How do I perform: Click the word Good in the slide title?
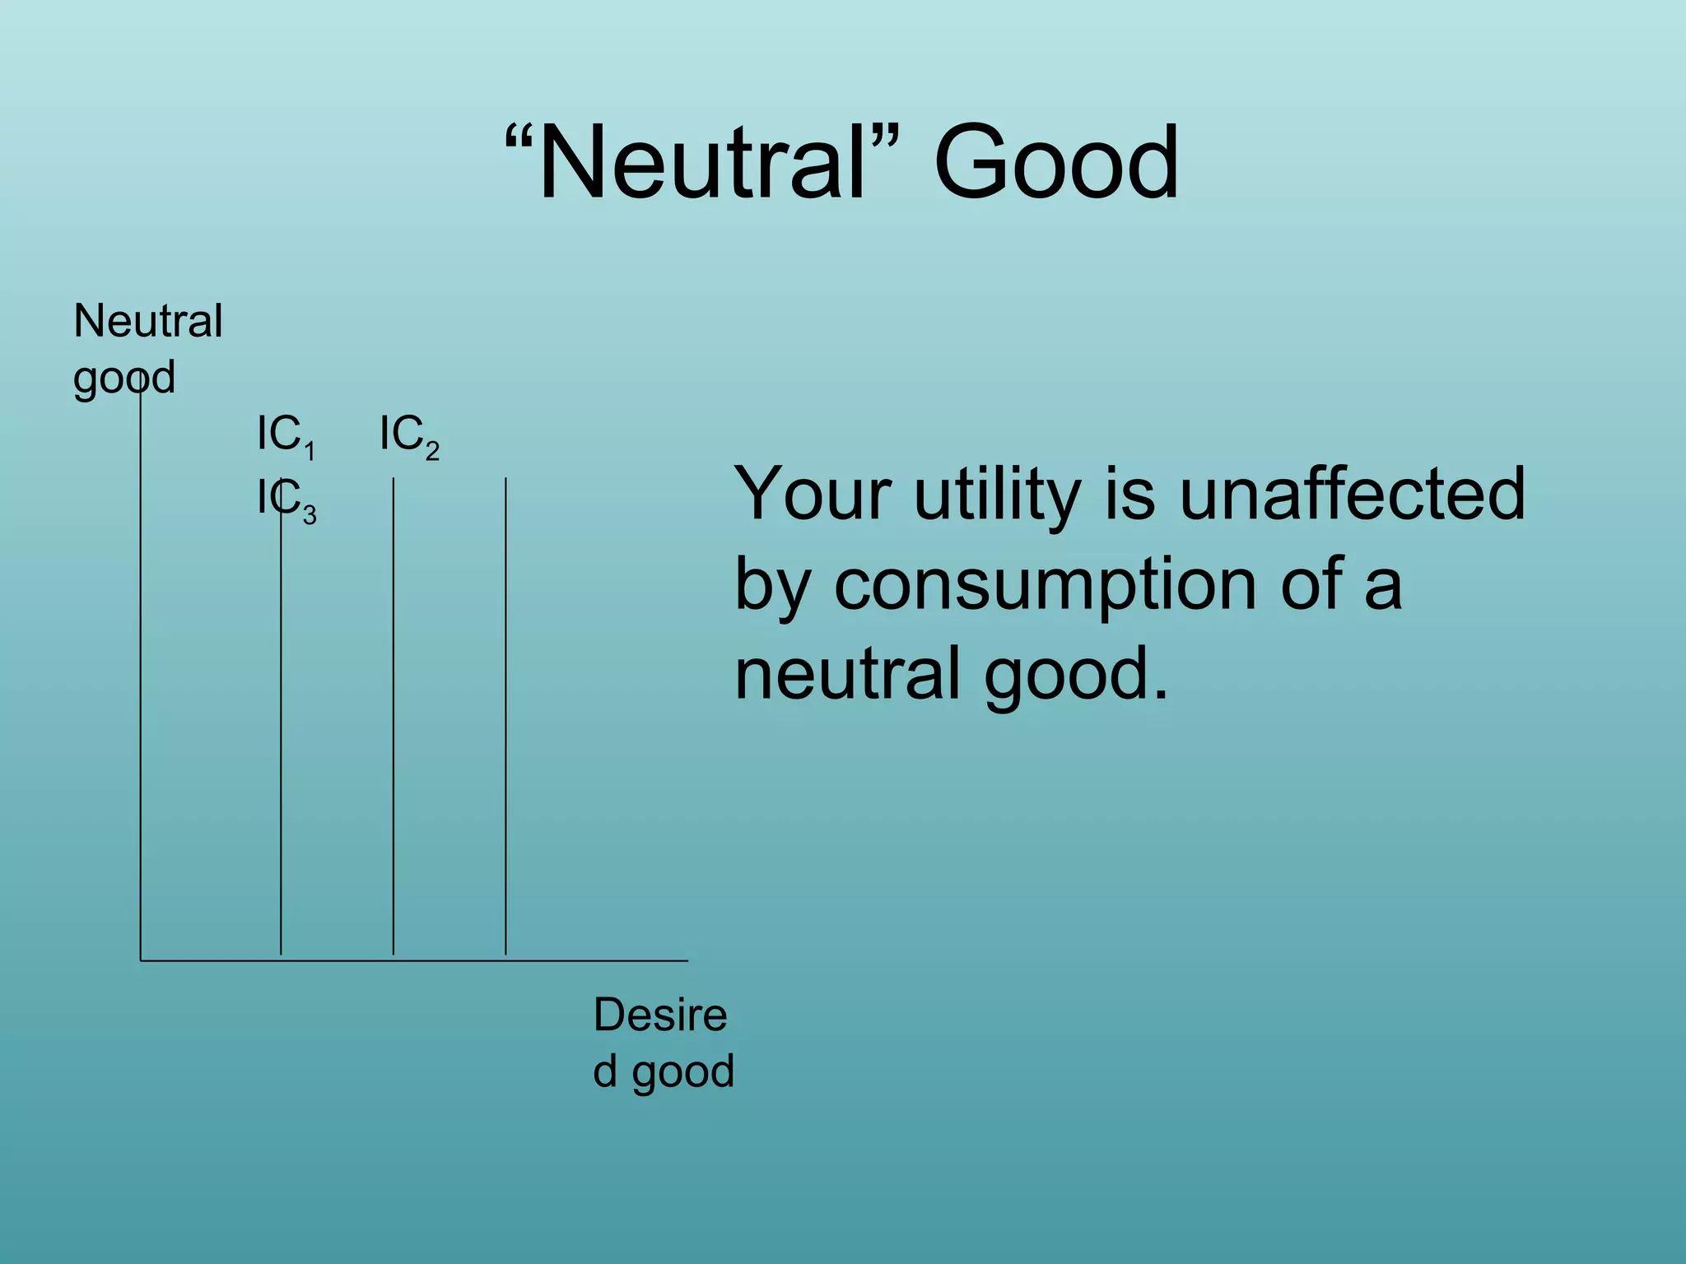tap(1056, 162)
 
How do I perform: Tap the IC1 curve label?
tap(285, 435)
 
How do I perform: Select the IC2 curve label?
tap(408, 435)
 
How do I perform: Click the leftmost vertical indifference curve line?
tap(281, 741)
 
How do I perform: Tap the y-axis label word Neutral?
tap(148, 320)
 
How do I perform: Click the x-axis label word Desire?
tap(660, 1015)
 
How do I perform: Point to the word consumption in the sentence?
tap(1045, 584)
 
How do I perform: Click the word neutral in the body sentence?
tap(848, 673)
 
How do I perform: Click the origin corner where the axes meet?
tap(141, 960)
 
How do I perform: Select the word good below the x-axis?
tap(683, 1072)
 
